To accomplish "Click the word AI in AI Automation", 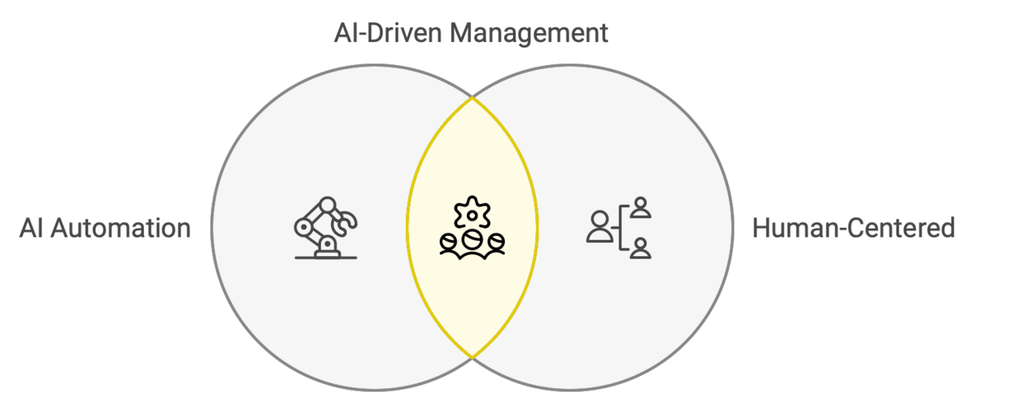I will pyautogui.click(x=30, y=228).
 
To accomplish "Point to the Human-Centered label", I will pyautogui.click(x=853, y=228).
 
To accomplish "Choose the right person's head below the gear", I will pyautogui.click(x=496, y=240).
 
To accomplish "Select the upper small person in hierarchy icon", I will pyautogui.click(x=640, y=208).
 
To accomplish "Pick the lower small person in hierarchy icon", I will pyautogui.click(x=640, y=247).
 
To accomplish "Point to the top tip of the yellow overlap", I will pyautogui.click(x=472, y=98).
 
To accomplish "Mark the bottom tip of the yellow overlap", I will pyautogui.click(x=472, y=358).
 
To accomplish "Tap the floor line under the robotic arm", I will pyautogui.click(x=325, y=258).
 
